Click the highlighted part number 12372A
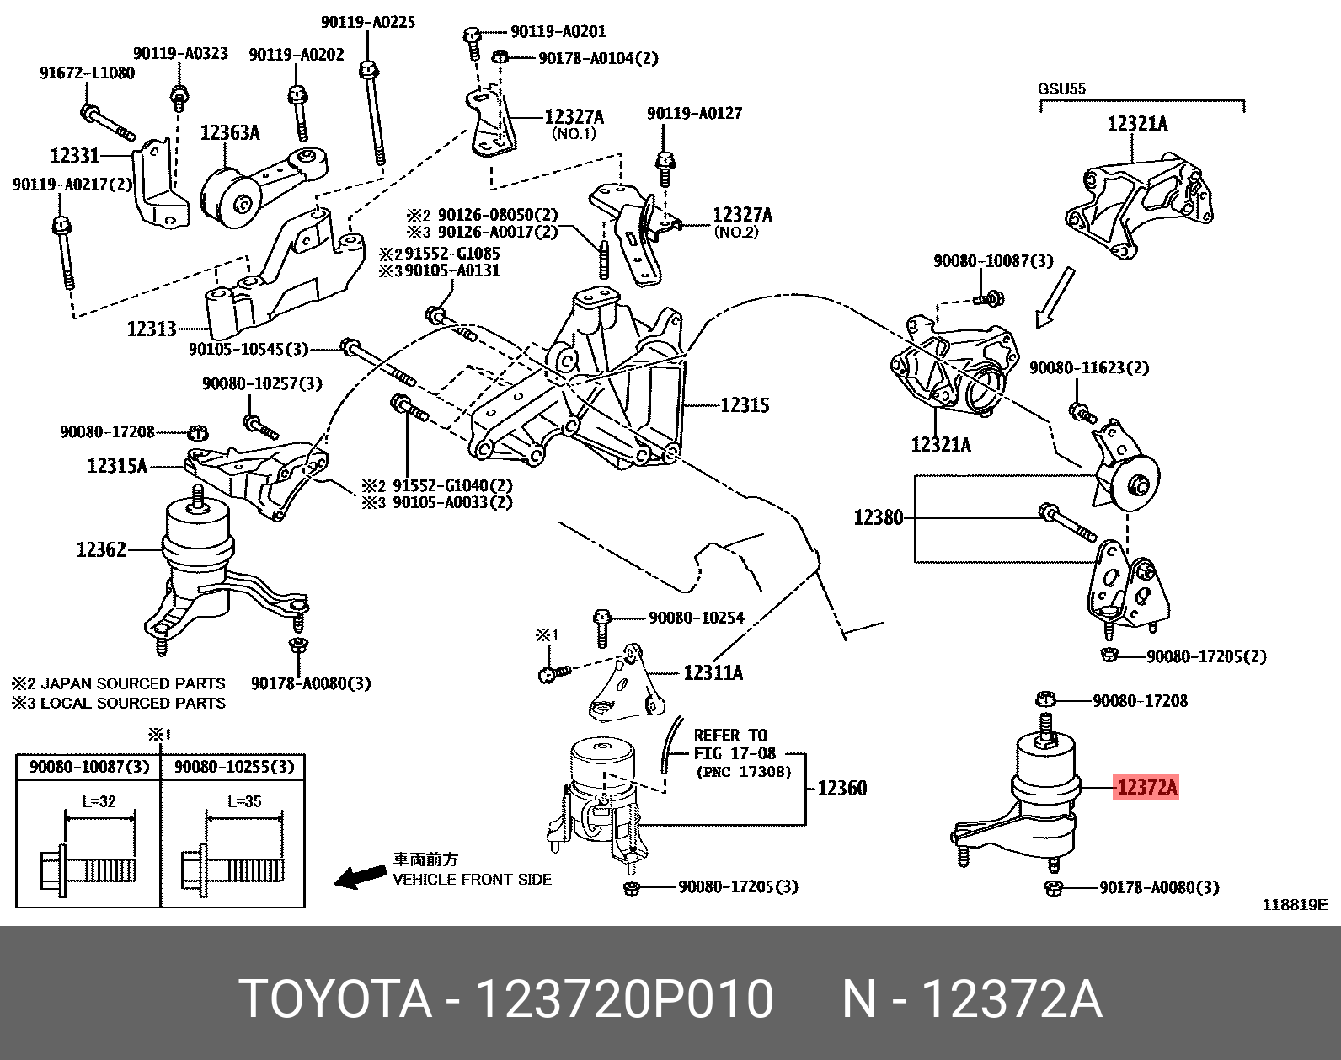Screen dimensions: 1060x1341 tap(1146, 788)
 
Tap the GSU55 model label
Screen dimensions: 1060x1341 tap(1061, 88)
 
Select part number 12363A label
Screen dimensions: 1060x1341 tap(230, 132)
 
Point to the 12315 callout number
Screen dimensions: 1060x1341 tap(745, 405)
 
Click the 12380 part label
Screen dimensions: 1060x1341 tap(878, 517)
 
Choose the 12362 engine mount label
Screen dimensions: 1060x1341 tap(101, 549)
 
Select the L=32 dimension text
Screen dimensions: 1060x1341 tap(99, 801)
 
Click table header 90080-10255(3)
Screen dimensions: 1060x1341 tap(233, 767)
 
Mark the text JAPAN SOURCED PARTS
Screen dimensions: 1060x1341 tap(133, 683)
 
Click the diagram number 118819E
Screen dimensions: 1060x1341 tap(1294, 905)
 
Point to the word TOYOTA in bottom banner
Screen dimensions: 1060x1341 tap(335, 1000)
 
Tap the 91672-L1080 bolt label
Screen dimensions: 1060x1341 tap(87, 72)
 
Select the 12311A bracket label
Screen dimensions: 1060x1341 tap(713, 672)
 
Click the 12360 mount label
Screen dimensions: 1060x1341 tap(841, 788)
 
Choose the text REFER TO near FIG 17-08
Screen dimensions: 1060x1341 tap(729, 736)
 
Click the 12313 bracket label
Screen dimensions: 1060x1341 tap(152, 329)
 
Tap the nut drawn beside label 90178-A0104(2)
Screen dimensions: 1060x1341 tap(499, 57)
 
